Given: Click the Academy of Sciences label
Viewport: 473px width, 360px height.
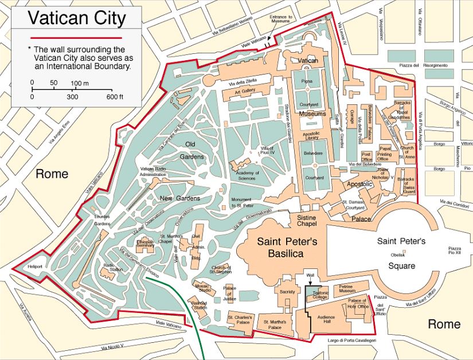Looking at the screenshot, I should [245, 175].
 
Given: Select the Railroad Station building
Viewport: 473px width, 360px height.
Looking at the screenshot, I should [199, 305].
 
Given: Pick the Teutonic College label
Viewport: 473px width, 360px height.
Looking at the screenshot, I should [320, 295].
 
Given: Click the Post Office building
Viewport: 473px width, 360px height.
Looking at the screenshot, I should [367, 156].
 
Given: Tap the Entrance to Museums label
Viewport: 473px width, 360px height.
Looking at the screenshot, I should [281, 21].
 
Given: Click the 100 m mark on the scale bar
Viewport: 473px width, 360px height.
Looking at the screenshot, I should [76, 84].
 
